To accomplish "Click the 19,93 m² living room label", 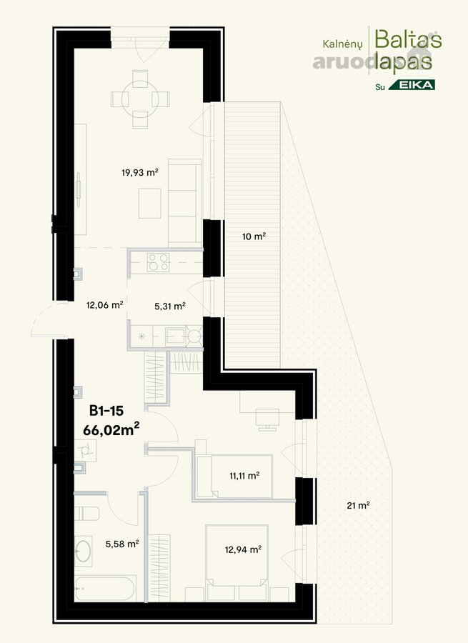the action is pos(140,172).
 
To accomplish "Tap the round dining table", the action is pos(140,99).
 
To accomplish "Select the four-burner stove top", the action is pos(159,262).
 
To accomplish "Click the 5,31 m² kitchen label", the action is pos(170,306).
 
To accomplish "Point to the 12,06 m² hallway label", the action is pos(104,304).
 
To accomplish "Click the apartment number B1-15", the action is pos(106,411).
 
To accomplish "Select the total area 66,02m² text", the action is pos(111,430).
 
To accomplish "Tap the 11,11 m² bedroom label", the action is pos(244,476).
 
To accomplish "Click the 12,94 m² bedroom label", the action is pos(243,549).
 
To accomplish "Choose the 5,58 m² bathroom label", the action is pos(122,544).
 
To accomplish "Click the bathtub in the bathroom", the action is pos(105,589).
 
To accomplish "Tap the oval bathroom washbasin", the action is pos(84,552).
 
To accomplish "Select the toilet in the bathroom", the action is pos(86,514).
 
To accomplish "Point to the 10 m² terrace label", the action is pos(254,236).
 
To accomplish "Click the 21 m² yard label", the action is pos(358,505).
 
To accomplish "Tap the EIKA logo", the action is pos(412,85).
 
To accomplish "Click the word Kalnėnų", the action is pos(342,44).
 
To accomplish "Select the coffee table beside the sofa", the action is pos(150,203).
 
